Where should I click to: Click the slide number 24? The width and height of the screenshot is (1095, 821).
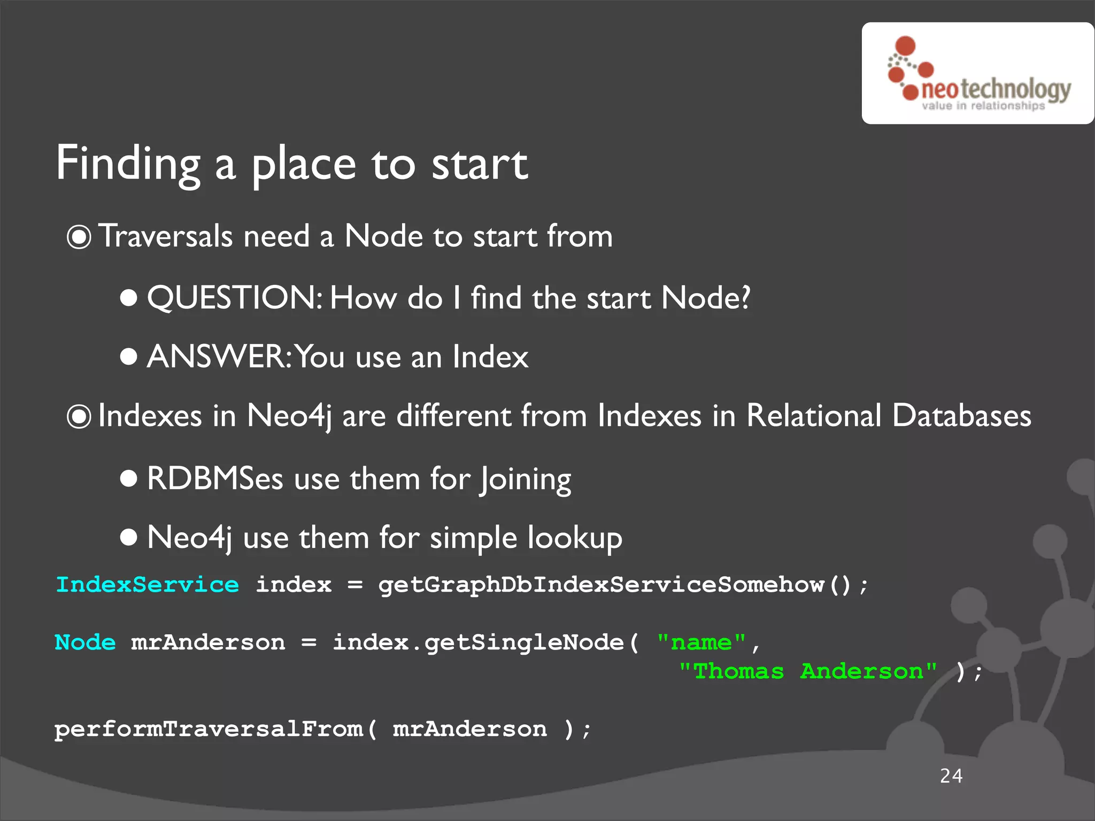(951, 776)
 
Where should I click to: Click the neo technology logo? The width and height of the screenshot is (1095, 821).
(977, 73)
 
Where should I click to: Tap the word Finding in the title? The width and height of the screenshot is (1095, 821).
(128, 164)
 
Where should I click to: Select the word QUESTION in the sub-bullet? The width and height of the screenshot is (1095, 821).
(234, 298)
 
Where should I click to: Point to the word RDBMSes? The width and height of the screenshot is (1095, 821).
(215, 478)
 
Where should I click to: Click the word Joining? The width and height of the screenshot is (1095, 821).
(526, 479)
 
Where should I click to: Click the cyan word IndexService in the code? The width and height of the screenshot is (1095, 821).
(148, 585)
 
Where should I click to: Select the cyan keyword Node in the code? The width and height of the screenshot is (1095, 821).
(85, 642)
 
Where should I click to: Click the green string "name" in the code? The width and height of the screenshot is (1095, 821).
(701, 642)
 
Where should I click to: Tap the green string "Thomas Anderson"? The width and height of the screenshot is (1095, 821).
(807, 671)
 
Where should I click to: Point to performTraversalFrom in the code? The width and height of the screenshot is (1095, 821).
(209, 729)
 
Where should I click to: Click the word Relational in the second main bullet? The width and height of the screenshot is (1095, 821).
(814, 416)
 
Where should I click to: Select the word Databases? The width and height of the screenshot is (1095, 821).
(961, 416)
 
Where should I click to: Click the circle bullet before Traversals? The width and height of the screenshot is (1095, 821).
(79, 237)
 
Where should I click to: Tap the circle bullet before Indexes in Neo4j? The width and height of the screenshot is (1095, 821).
(79, 416)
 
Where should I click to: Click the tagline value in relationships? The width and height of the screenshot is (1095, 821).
(983, 106)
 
